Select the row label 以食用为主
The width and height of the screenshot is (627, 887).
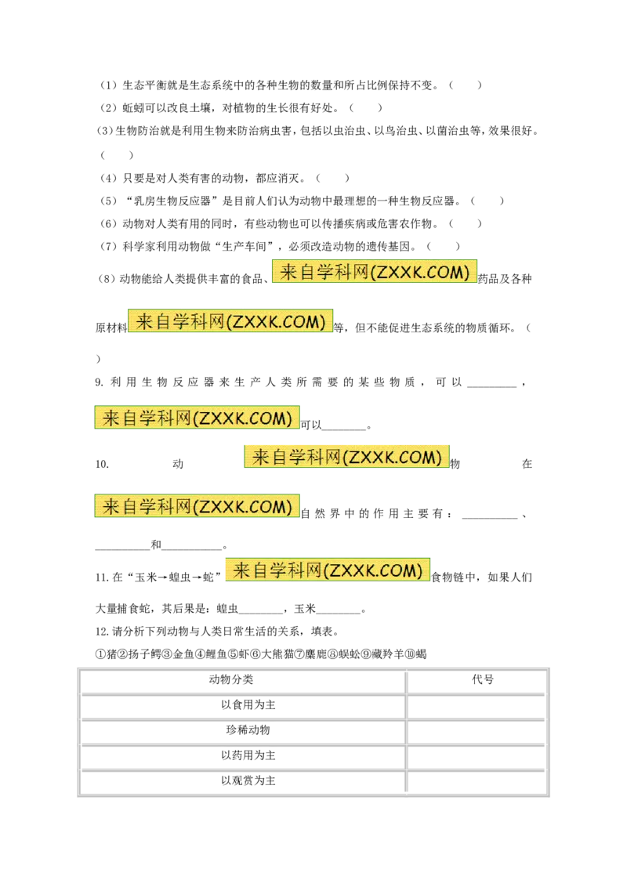pos(248,705)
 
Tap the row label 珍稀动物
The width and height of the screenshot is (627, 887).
pos(248,730)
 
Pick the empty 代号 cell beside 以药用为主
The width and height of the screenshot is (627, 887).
pos(476,756)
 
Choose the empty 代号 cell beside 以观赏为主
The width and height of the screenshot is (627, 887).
pos(476,781)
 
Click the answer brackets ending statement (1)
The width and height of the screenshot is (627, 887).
pos(466,85)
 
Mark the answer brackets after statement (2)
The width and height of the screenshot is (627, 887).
pos(365,107)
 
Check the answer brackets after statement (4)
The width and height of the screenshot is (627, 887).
pos(333,178)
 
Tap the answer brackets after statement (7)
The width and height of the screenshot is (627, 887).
pos(444,246)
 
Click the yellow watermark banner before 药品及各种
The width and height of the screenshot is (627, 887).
pos(375,272)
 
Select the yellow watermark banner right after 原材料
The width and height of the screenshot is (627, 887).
pos(230,320)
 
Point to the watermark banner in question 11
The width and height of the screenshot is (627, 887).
pos(328,570)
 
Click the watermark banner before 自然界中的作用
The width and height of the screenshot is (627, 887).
pos(197,505)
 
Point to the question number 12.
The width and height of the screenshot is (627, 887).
pos(101,632)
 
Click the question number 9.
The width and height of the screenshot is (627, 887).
pos(99,382)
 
